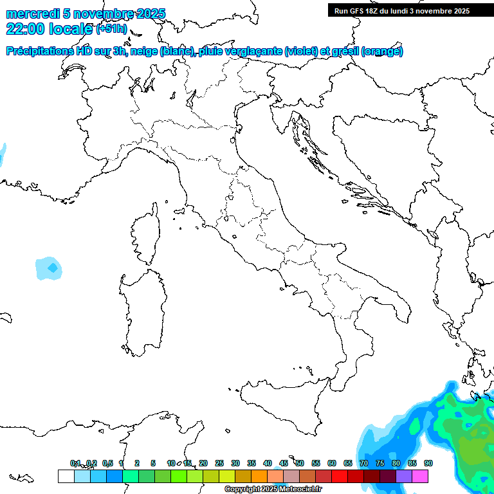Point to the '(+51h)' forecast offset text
pos(111,29)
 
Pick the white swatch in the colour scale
pos(66,477)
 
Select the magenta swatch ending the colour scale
pos(420,477)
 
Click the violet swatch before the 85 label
pos(404,477)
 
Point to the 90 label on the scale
pos(428,463)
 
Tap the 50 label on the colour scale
pos(300,463)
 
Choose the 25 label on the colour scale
pos(219,463)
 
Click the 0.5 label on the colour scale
pos(107,463)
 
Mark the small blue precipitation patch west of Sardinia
pos(50,267)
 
